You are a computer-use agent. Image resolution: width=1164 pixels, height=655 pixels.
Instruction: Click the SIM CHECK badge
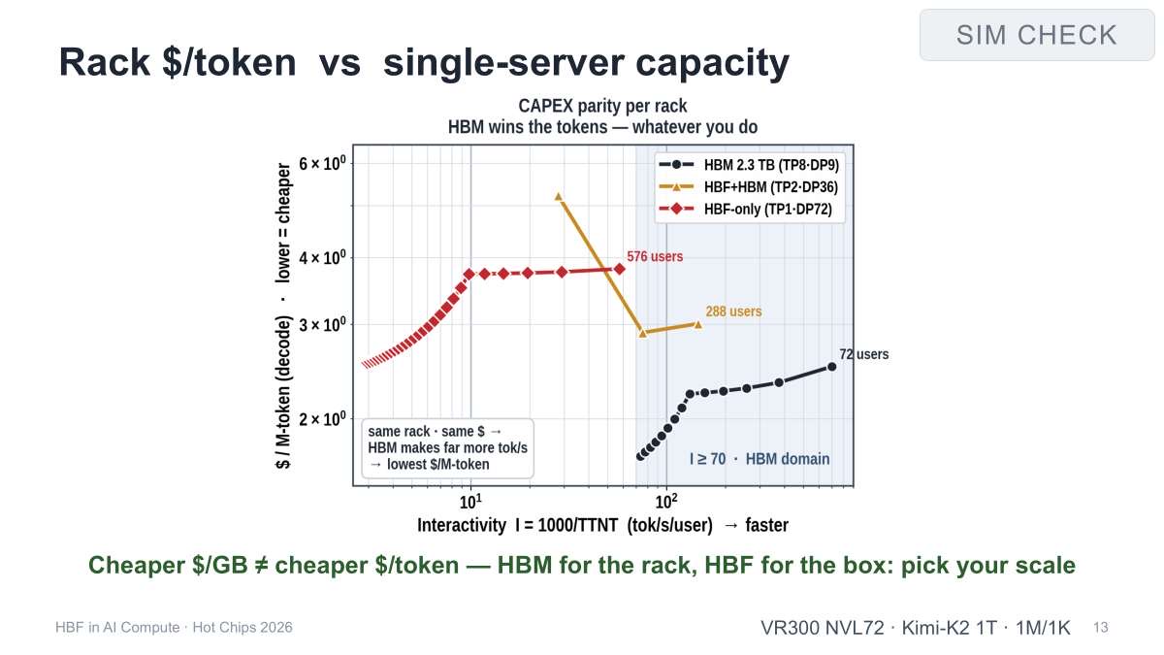click(x=1037, y=35)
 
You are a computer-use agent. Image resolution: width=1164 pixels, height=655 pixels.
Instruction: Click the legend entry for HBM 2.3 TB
click(x=749, y=165)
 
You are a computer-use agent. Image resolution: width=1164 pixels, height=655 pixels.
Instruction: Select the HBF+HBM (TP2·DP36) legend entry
click(x=748, y=186)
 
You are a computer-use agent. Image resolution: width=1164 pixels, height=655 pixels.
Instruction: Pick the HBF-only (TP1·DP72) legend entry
click(x=745, y=209)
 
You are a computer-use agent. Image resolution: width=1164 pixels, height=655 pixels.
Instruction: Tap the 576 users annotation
click(x=655, y=256)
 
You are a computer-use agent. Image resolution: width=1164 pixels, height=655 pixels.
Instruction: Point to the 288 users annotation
click(x=733, y=311)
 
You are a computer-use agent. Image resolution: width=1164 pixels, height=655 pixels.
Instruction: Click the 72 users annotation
click(x=863, y=354)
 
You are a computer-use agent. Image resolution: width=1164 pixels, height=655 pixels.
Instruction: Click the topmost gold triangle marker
click(x=559, y=196)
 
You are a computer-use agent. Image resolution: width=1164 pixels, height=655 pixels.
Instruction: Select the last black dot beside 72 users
click(x=831, y=367)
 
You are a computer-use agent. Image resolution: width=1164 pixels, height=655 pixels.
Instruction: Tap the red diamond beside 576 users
click(x=620, y=269)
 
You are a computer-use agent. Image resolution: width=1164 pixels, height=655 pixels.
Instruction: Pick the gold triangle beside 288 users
click(x=697, y=325)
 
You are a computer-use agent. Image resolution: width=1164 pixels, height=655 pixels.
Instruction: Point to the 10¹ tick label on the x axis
click(x=470, y=501)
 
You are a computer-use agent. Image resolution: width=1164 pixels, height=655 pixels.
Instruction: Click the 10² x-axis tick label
click(x=666, y=501)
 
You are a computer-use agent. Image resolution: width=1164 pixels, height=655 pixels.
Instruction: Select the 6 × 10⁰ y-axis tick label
click(x=322, y=163)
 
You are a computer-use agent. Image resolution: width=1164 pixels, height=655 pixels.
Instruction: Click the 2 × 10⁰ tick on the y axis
click(x=322, y=418)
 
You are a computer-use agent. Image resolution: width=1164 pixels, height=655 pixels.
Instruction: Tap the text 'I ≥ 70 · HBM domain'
click(x=760, y=459)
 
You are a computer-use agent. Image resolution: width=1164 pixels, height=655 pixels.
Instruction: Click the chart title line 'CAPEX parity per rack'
click(x=602, y=106)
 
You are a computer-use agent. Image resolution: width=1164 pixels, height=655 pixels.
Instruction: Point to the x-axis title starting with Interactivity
click(x=602, y=525)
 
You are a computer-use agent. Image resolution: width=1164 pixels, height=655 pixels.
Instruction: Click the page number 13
click(x=1101, y=628)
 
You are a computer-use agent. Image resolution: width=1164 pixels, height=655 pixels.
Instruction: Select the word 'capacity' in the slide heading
click(x=712, y=63)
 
